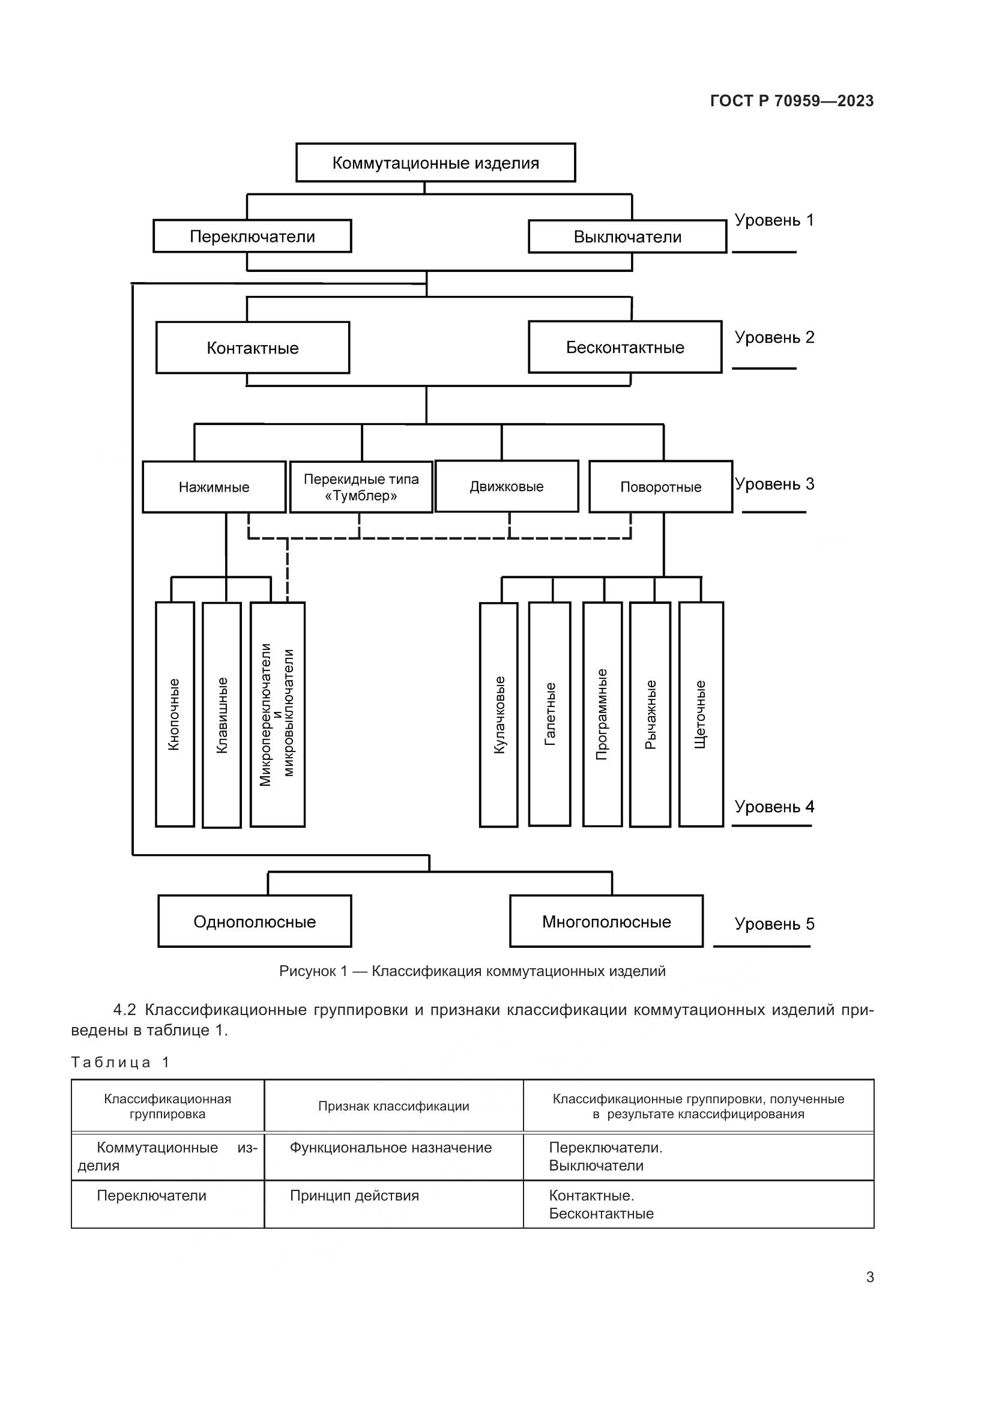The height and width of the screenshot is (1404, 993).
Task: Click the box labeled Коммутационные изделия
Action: click(435, 163)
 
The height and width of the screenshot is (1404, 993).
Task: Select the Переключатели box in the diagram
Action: click(252, 236)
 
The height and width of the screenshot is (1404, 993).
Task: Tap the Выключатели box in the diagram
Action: click(627, 237)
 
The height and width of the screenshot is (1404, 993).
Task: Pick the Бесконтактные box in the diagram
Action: click(625, 348)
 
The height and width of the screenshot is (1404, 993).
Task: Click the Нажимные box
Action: click(214, 487)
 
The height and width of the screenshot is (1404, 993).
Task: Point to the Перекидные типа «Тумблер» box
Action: click(361, 487)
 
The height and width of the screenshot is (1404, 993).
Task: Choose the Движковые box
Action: click(506, 486)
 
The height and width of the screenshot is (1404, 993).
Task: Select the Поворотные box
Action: click(660, 487)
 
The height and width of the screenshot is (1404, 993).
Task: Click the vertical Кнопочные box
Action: click(175, 714)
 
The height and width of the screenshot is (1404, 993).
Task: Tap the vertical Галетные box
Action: click(550, 714)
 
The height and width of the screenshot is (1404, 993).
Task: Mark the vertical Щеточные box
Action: click(701, 714)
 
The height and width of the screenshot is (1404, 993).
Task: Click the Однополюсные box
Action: click(255, 921)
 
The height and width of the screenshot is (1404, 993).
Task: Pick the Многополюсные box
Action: click(606, 921)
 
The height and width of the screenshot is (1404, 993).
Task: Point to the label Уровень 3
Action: click(774, 484)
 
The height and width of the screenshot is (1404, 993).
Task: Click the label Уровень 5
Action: click(774, 923)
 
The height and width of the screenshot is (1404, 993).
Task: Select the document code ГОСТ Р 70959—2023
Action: click(792, 101)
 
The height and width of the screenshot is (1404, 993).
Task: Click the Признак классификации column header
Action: click(393, 1106)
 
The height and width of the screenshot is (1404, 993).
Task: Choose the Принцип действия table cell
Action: click(355, 1196)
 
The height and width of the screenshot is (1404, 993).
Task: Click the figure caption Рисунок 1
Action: click(472, 971)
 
